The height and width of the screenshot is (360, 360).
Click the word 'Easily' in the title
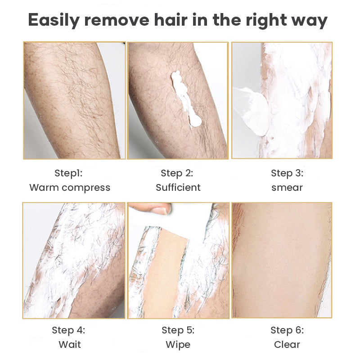click(54, 20)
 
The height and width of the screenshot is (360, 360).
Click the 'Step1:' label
click(68, 173)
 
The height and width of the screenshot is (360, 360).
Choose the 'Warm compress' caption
click(70, 188)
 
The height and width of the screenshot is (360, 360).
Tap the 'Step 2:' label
click(177, 173)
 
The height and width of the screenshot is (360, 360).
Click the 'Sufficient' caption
click(178, 187)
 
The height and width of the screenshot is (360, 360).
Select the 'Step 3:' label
click(287, 173)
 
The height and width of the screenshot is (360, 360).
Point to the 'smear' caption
click(287, 188)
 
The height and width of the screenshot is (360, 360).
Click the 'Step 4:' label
click(68, 330)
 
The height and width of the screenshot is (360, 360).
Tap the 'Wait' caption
click(70, 345)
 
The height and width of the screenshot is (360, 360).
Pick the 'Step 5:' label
click(178, 330)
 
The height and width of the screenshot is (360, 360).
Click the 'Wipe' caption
click(178, 345)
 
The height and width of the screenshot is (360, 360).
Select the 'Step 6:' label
click(287, 330)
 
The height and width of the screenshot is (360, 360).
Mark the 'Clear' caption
click(287, 345)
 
